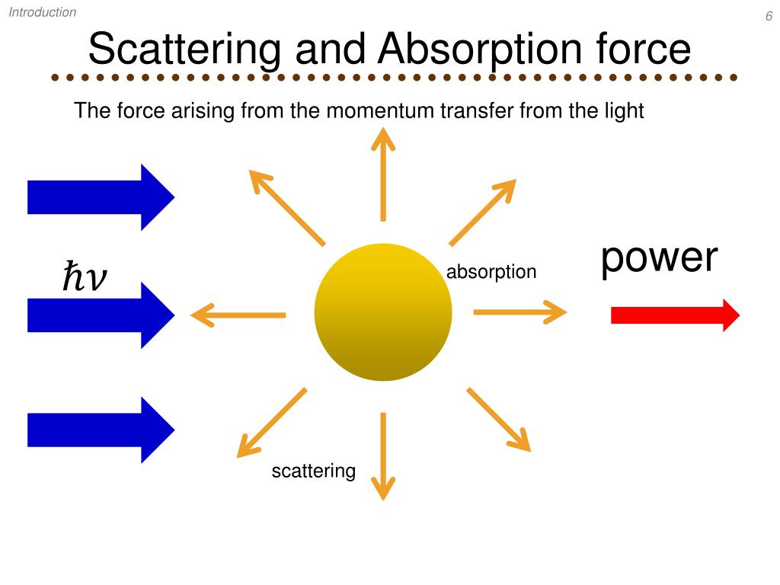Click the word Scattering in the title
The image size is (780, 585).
click(184, 49)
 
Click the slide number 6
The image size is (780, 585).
click(769, 18)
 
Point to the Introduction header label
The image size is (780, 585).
click(43, 12)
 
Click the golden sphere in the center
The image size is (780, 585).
click(383, 312)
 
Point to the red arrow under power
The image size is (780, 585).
click(675, 315)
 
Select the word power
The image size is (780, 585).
click(659, 259)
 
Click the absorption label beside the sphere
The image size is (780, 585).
click(491, 272)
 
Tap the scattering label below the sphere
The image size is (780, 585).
click(314, 472)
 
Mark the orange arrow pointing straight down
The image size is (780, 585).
click(383, 456)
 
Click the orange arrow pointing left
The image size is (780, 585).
click(238, 314)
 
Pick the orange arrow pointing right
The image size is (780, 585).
click(520, 312)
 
